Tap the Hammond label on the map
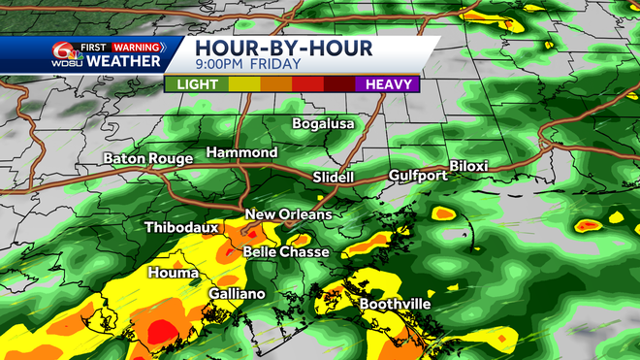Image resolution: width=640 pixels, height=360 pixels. click(241, 153)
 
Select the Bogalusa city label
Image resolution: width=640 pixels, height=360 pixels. click(325, 124)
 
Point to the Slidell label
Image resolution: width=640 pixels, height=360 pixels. click(335, 178)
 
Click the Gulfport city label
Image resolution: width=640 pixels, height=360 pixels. click(418, 176)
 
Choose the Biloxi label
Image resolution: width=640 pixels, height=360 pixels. click(468, 166)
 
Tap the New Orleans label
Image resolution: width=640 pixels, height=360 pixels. click(288, 214)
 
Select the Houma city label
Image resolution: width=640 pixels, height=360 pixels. click(169, 274)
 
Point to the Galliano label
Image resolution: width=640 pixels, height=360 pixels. click(237, 294)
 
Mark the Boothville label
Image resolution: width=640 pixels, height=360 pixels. click(396, 304)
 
